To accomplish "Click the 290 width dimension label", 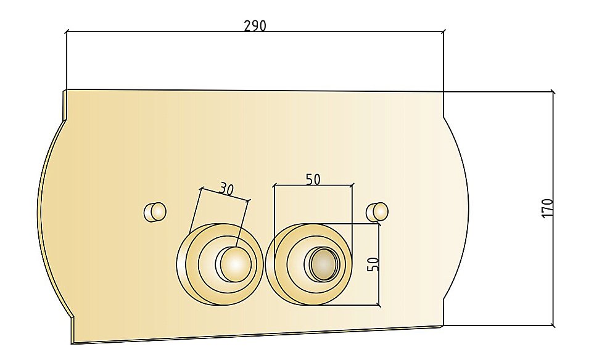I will [255, 26].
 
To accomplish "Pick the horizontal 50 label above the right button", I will [313, 179].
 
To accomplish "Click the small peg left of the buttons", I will [155, 211].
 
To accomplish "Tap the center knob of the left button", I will [234, 263].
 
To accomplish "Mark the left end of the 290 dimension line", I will [66, 31].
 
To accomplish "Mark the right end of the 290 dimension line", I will [443, 31].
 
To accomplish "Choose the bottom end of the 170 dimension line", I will [553, 325].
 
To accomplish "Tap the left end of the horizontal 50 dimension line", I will [274, 184].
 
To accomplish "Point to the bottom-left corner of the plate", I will [72, 343].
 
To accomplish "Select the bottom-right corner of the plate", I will [443, 326].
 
